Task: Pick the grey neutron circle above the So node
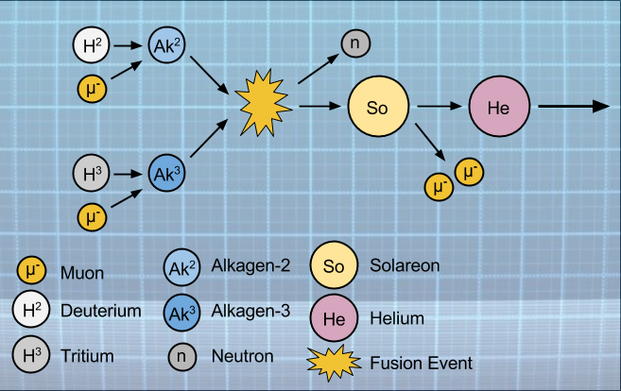click(356, 43)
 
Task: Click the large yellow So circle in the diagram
click(378, 107)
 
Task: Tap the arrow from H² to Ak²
click(127, 44)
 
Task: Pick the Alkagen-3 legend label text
click(250, 310)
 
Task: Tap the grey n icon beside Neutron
click(181, 356)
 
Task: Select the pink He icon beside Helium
click(333, 317)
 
